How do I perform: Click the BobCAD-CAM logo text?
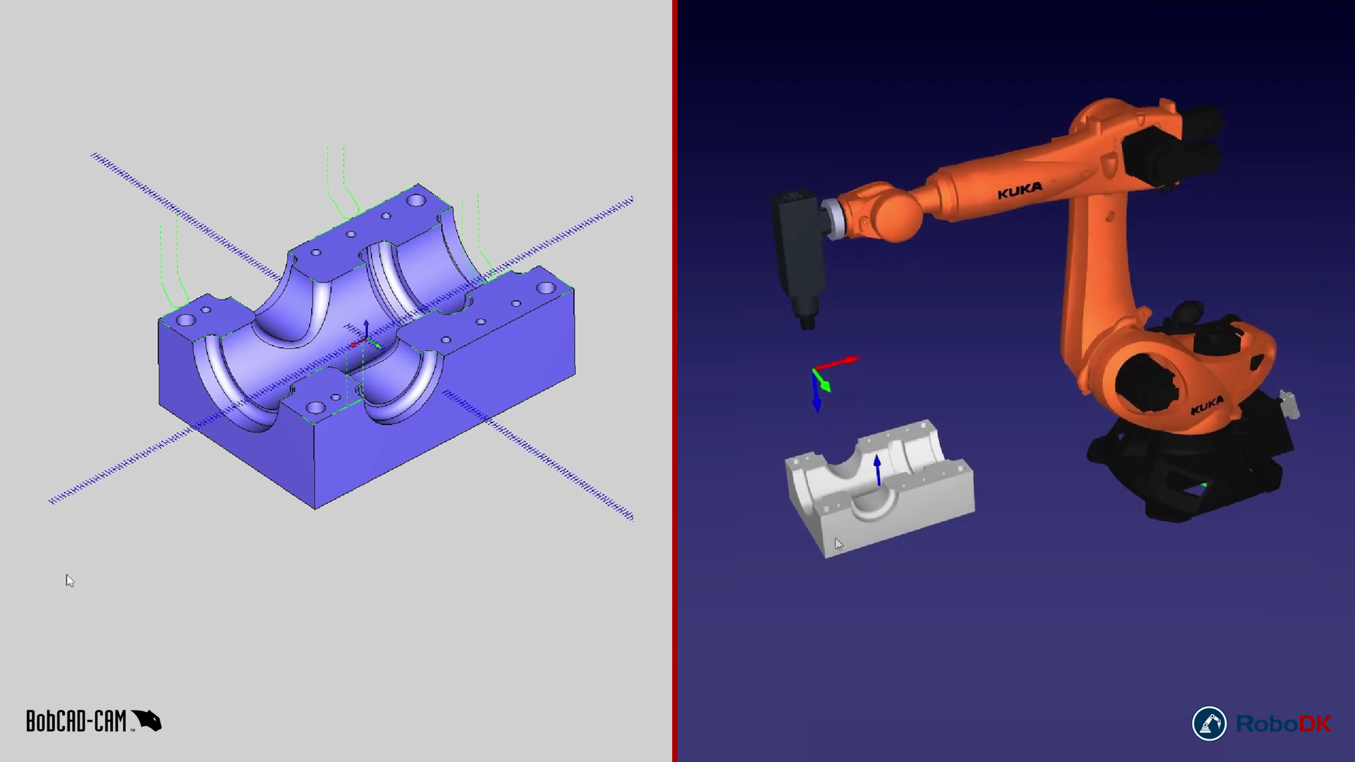76,721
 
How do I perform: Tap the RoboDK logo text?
1283,724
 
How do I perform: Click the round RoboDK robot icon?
1209,724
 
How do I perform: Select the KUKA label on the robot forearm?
1020,190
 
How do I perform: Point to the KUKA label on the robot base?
1207,406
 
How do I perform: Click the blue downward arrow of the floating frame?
817,399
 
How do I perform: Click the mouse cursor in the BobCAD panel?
69,580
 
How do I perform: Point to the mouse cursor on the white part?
838,544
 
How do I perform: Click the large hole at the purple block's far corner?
416,200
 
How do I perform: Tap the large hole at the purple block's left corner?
186,320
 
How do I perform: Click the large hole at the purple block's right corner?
546,288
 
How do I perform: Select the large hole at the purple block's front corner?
315,407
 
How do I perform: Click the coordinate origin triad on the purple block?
363,341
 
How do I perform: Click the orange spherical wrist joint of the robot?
896,215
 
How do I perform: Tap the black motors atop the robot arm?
1172,148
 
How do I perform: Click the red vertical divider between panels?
675,381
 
